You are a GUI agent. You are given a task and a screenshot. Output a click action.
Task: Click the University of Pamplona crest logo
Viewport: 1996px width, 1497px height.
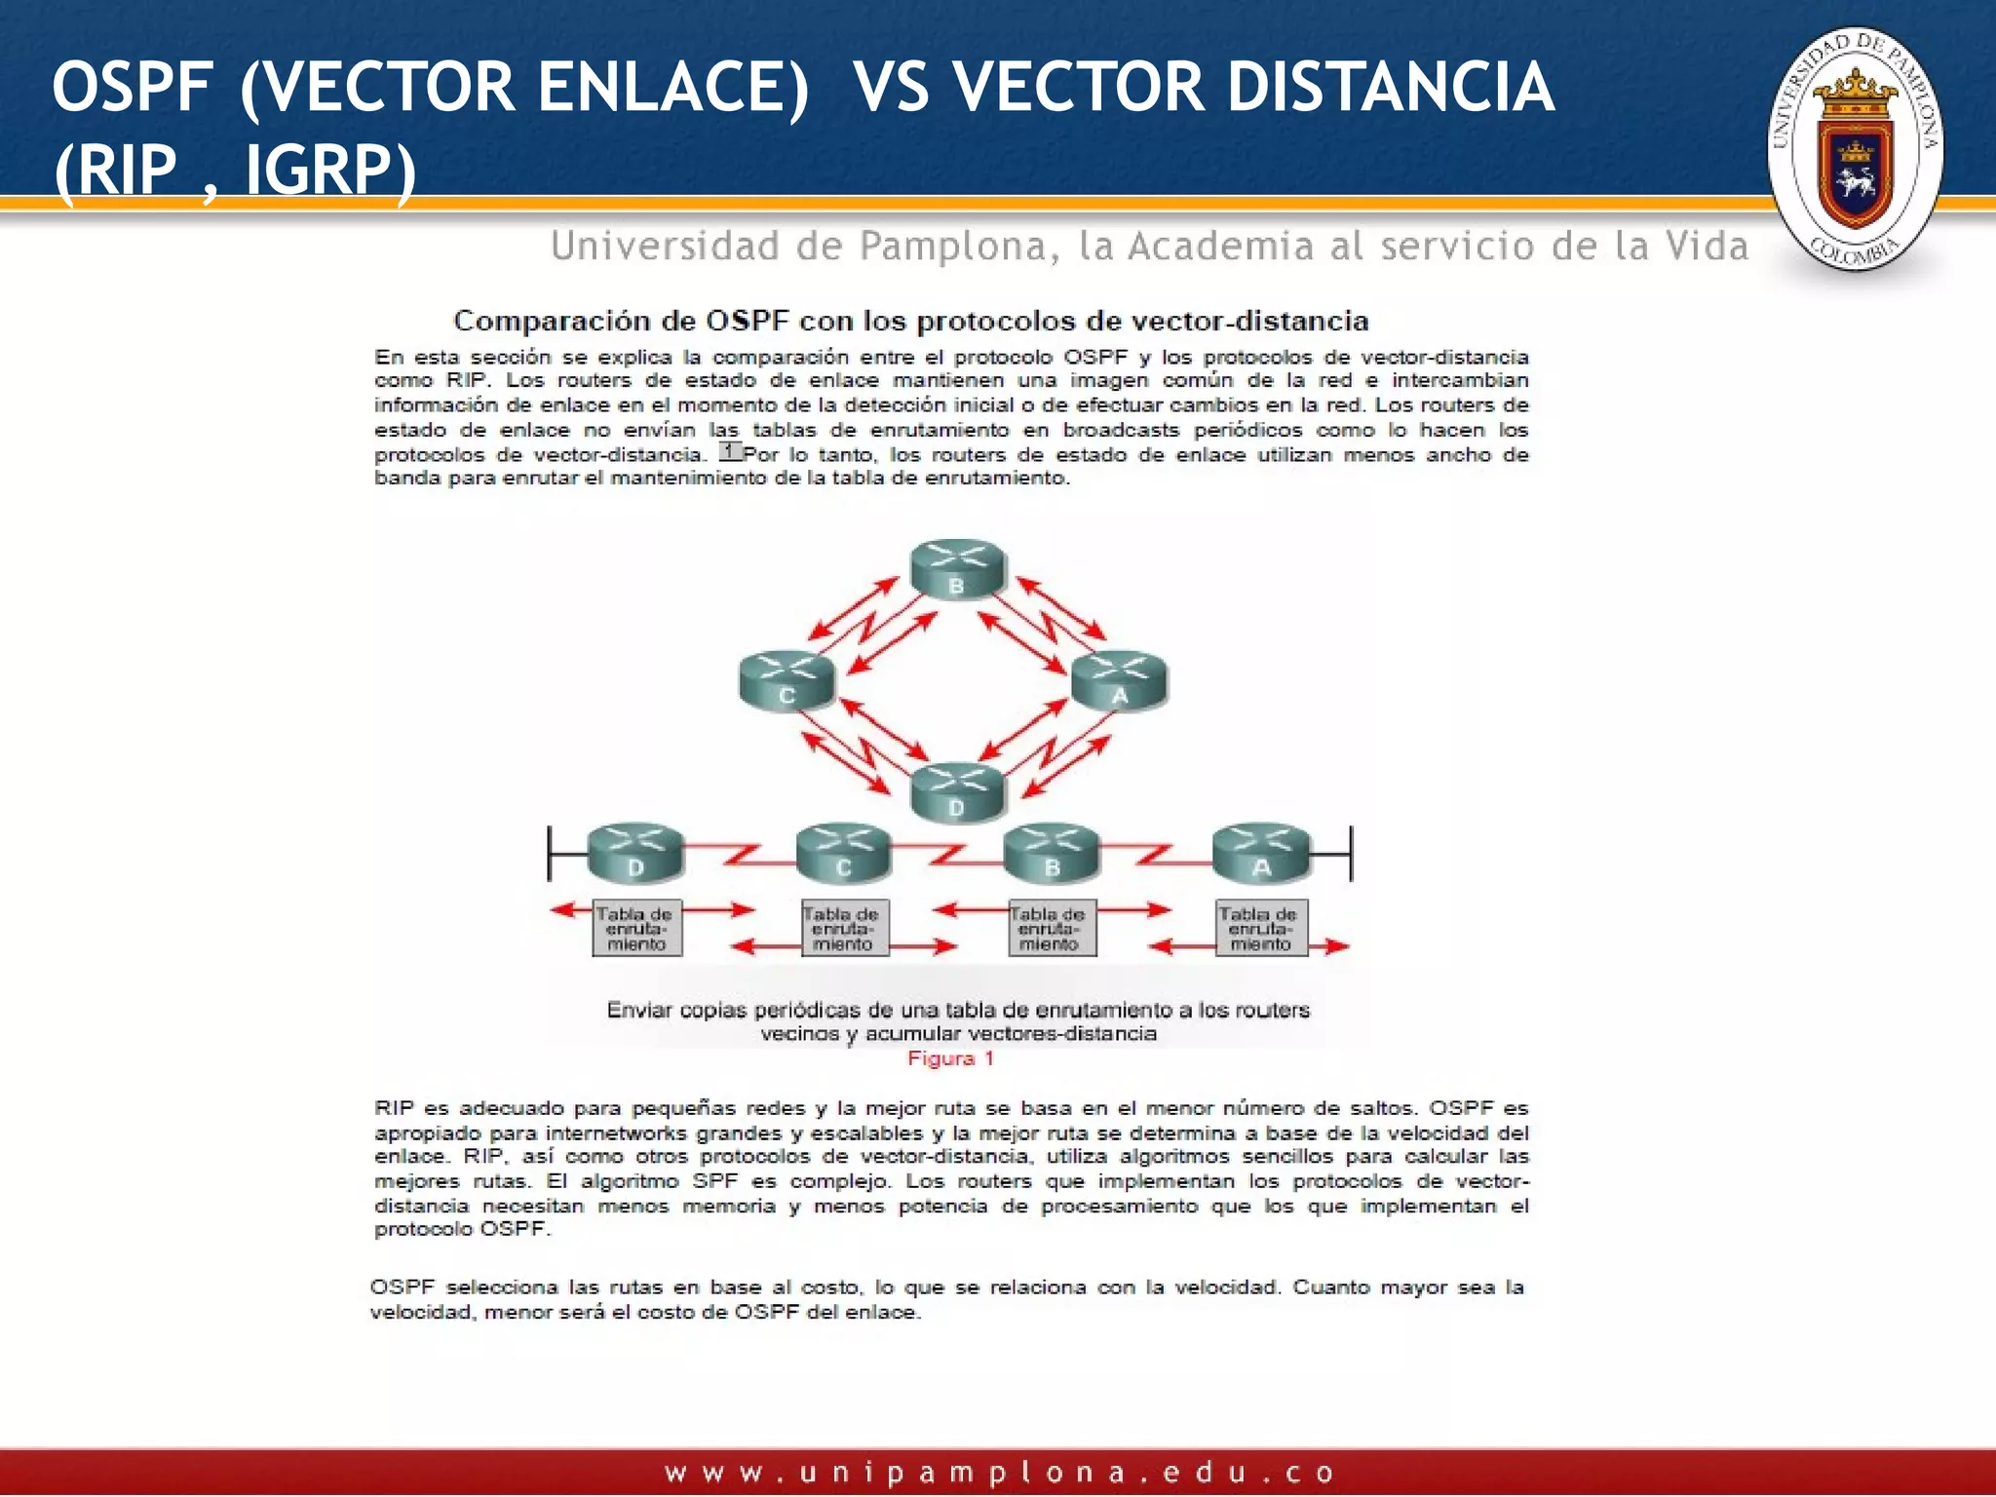point(1855,149)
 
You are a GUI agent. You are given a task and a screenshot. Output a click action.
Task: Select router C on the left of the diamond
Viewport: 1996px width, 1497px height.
point(787,679)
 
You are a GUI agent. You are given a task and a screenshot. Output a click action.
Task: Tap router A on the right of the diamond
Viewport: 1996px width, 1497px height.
point(1120,679)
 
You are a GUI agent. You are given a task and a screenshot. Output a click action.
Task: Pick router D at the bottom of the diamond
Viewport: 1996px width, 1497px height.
point(957,790)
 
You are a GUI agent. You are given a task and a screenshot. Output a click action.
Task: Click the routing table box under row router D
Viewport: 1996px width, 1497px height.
point(636,928)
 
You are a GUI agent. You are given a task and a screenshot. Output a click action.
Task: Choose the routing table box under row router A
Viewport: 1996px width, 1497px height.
point(1261,928)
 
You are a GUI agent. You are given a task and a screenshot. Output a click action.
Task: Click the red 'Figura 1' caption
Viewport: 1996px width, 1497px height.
point(950,1058)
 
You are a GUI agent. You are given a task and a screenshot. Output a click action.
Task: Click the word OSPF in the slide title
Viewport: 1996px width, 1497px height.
point(132,88)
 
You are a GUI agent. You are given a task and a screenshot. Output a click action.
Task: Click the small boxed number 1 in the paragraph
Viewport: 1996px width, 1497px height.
point(730,452)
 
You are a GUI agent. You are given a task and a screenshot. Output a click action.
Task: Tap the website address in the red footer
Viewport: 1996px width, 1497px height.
point(998,1472)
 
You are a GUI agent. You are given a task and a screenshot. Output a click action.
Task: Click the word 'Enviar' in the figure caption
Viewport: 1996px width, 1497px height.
point(639,1010)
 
